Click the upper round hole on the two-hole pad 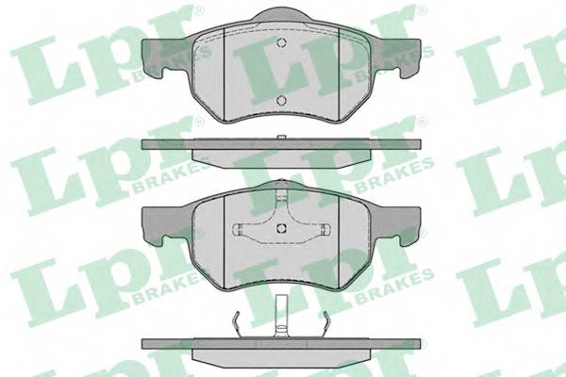[x=281, y=43]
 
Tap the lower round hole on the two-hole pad [x=281, y=100]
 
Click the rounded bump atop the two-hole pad [x=281, y=15]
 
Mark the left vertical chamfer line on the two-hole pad [x=225, y=74]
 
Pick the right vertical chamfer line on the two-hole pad [x=340, y=74]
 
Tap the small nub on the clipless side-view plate [x=281, y=138]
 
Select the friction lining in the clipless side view [x=281, y=158]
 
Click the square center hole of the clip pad [x=281, y=228]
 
